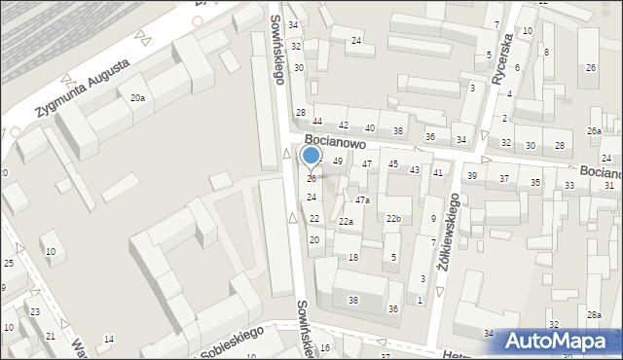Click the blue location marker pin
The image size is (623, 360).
311,156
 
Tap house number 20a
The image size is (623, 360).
138,97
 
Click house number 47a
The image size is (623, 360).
361,199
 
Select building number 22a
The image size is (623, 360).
346,222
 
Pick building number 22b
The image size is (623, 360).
393,219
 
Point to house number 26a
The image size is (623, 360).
594,131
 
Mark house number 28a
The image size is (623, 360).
594,314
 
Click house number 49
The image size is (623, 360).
338,162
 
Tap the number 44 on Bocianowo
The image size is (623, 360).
317,122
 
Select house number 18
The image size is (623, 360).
353,257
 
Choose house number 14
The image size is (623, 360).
109,339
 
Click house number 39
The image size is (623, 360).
472,176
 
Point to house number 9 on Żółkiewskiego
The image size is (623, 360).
433,218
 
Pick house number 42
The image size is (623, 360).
343,126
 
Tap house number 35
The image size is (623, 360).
535,183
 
